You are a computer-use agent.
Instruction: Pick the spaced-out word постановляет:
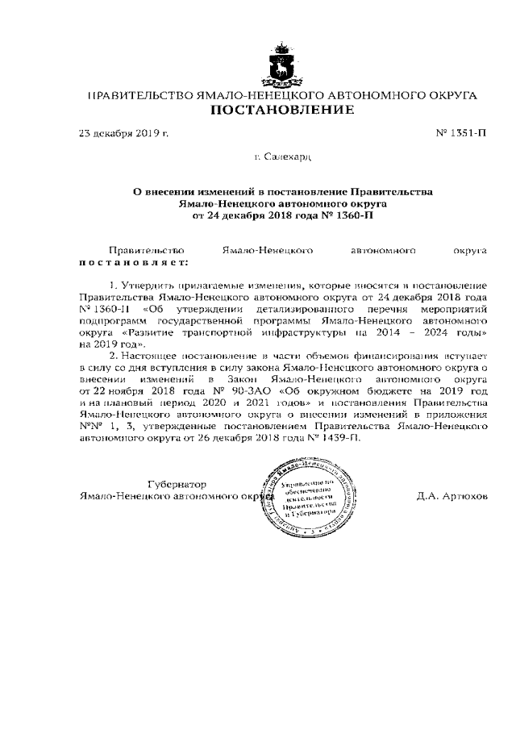pyautogui.click(x=133, y=263)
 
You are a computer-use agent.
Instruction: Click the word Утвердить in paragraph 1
pyautogui.click(x=145, y=286)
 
